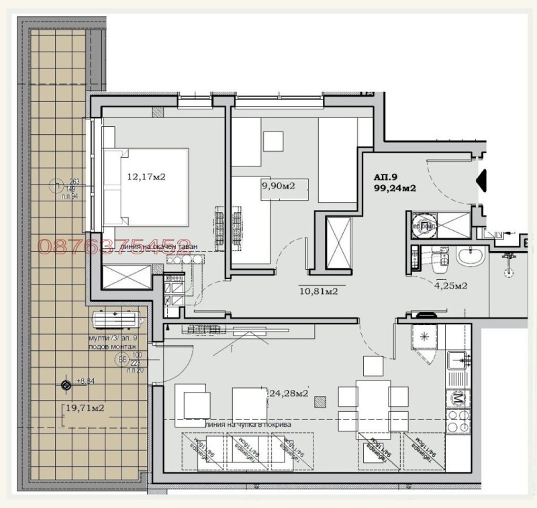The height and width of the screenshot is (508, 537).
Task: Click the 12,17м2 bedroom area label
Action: (x=146, y=177)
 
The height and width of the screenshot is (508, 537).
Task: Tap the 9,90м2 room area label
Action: (x=277, y=186)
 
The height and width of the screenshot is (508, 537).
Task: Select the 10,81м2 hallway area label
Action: (x=318, y=291)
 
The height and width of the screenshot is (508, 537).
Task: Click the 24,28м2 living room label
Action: (x=288, y=393)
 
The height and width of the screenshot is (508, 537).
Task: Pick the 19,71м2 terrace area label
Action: (x=84, y=407)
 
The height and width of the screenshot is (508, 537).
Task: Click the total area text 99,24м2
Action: (x=395, y=189)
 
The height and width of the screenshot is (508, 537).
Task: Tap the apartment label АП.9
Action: (x=386, y=177)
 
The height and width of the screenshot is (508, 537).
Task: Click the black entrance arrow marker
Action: (x=480, y=180)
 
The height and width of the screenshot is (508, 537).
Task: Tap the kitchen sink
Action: (x=458, y=360)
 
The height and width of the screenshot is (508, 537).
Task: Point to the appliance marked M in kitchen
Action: (x=458, y=399)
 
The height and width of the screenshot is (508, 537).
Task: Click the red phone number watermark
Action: (x=114, y=246)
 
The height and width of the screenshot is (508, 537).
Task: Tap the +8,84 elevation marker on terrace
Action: (x=66, y=385)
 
